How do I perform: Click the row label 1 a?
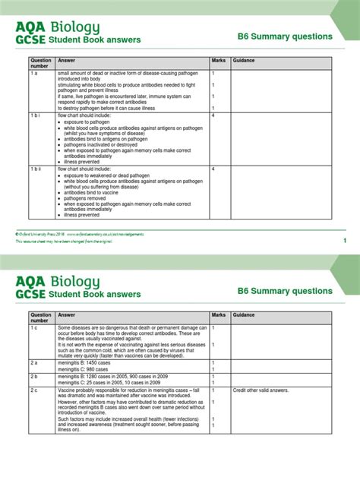coord(34,73)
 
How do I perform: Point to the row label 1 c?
coord(34,327)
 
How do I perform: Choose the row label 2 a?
coord(34,363)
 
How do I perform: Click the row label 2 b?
coord(34,376)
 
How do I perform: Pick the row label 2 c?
coord(34,389)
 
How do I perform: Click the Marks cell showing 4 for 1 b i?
coord(213,115)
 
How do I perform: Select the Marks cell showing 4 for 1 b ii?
coord(213,169)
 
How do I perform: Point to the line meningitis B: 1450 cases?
coord(85,363)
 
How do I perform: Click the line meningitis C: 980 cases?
coord(84,369)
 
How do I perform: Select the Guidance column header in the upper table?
coord(244,60)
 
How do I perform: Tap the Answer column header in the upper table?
coord(67,60)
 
